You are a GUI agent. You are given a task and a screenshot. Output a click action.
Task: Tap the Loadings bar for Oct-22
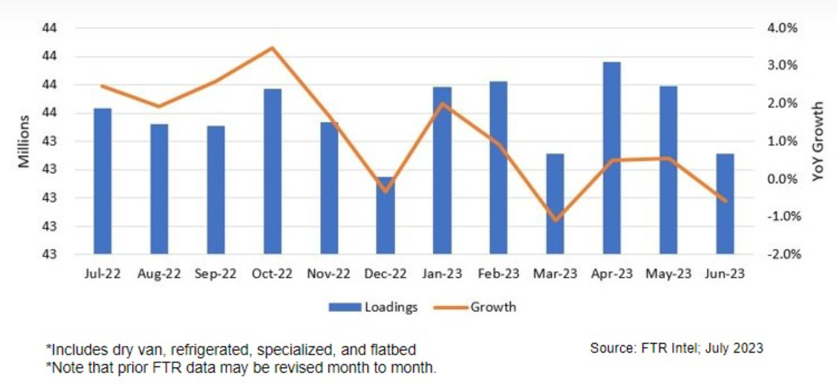point(272,171)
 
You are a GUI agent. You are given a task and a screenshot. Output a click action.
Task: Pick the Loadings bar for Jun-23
point(725,204)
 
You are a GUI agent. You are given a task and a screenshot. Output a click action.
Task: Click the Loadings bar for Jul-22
point(102,181)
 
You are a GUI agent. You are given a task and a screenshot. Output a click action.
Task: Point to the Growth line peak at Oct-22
point(272,48)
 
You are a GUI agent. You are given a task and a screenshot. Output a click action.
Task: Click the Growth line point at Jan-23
point(442,104)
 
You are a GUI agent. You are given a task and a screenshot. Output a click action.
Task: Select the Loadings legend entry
point(373,306)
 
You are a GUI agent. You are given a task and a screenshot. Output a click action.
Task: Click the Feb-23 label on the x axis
point(498,273)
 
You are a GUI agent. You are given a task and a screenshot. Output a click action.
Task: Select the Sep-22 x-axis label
point(215,273)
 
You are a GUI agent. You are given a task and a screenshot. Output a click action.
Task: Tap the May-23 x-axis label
point(668,273)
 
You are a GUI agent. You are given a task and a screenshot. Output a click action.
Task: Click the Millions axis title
point(24,140)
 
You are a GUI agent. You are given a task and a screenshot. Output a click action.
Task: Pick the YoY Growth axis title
point(818,141)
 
